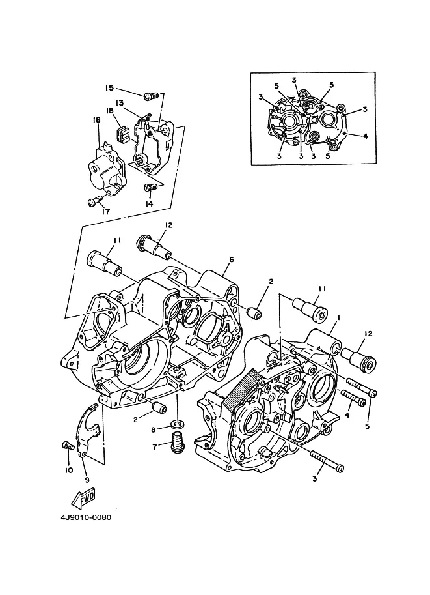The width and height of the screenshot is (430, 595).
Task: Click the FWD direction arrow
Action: [x=83, y=499]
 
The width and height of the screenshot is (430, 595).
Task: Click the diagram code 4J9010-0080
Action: [x=86, y=517]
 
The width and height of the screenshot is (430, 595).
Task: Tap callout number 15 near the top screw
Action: [x=109, y=88]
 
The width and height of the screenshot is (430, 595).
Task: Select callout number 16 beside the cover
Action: [x=96, y=120]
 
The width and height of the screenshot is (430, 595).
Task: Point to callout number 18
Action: [x=109, y=110]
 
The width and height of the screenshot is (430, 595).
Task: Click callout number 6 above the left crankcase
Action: [x=232, y=259]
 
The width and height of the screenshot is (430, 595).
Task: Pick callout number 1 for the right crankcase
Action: [x=338, y=316]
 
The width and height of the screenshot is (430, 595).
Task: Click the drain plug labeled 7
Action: [x=176, y=442]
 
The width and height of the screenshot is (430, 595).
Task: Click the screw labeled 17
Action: [x=96, y=200]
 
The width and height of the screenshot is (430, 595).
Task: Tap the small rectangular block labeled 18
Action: [x=122, y=134]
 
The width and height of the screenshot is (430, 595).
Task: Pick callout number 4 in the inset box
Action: [x=365, y=136]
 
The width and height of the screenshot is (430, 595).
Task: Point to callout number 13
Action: [x=120, y=103]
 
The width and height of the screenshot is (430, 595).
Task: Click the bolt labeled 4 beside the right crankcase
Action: [x=354, y=398]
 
